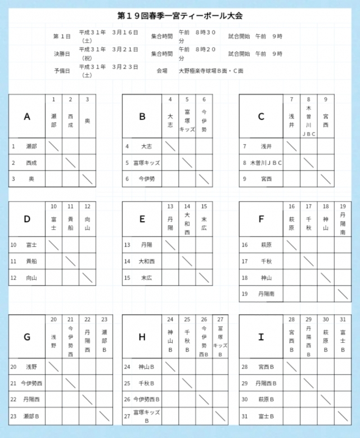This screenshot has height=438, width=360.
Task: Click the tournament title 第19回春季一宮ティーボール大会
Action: click(x=181, y=16)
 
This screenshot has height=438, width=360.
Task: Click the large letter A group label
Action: click(x=27, y=117)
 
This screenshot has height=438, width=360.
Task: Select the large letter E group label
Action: click(x=142, y=220)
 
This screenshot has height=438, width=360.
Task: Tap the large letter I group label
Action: click(x=260, y=337)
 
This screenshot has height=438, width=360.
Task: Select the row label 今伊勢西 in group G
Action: click(x=31, y=383)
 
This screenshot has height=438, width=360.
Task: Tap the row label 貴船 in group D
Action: click(x=31, y=261)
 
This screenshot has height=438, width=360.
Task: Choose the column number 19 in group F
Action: click(x=343, y=206)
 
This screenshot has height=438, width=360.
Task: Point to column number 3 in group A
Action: click(x=87, y=99)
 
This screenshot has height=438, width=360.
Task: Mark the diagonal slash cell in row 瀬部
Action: click(x=53, y=146)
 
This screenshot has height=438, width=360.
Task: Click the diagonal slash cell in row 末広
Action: click(x=204, y=278)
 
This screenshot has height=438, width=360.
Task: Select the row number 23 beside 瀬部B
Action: click(x=13, y=416)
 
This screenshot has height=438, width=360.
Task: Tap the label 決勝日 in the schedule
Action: click(x=62, y=54)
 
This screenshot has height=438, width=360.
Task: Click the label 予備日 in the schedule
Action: click(x=62, y=71)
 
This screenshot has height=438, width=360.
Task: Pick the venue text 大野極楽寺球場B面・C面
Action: click(x=211, y=71)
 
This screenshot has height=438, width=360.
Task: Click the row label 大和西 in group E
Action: click(x=147, y=261)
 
